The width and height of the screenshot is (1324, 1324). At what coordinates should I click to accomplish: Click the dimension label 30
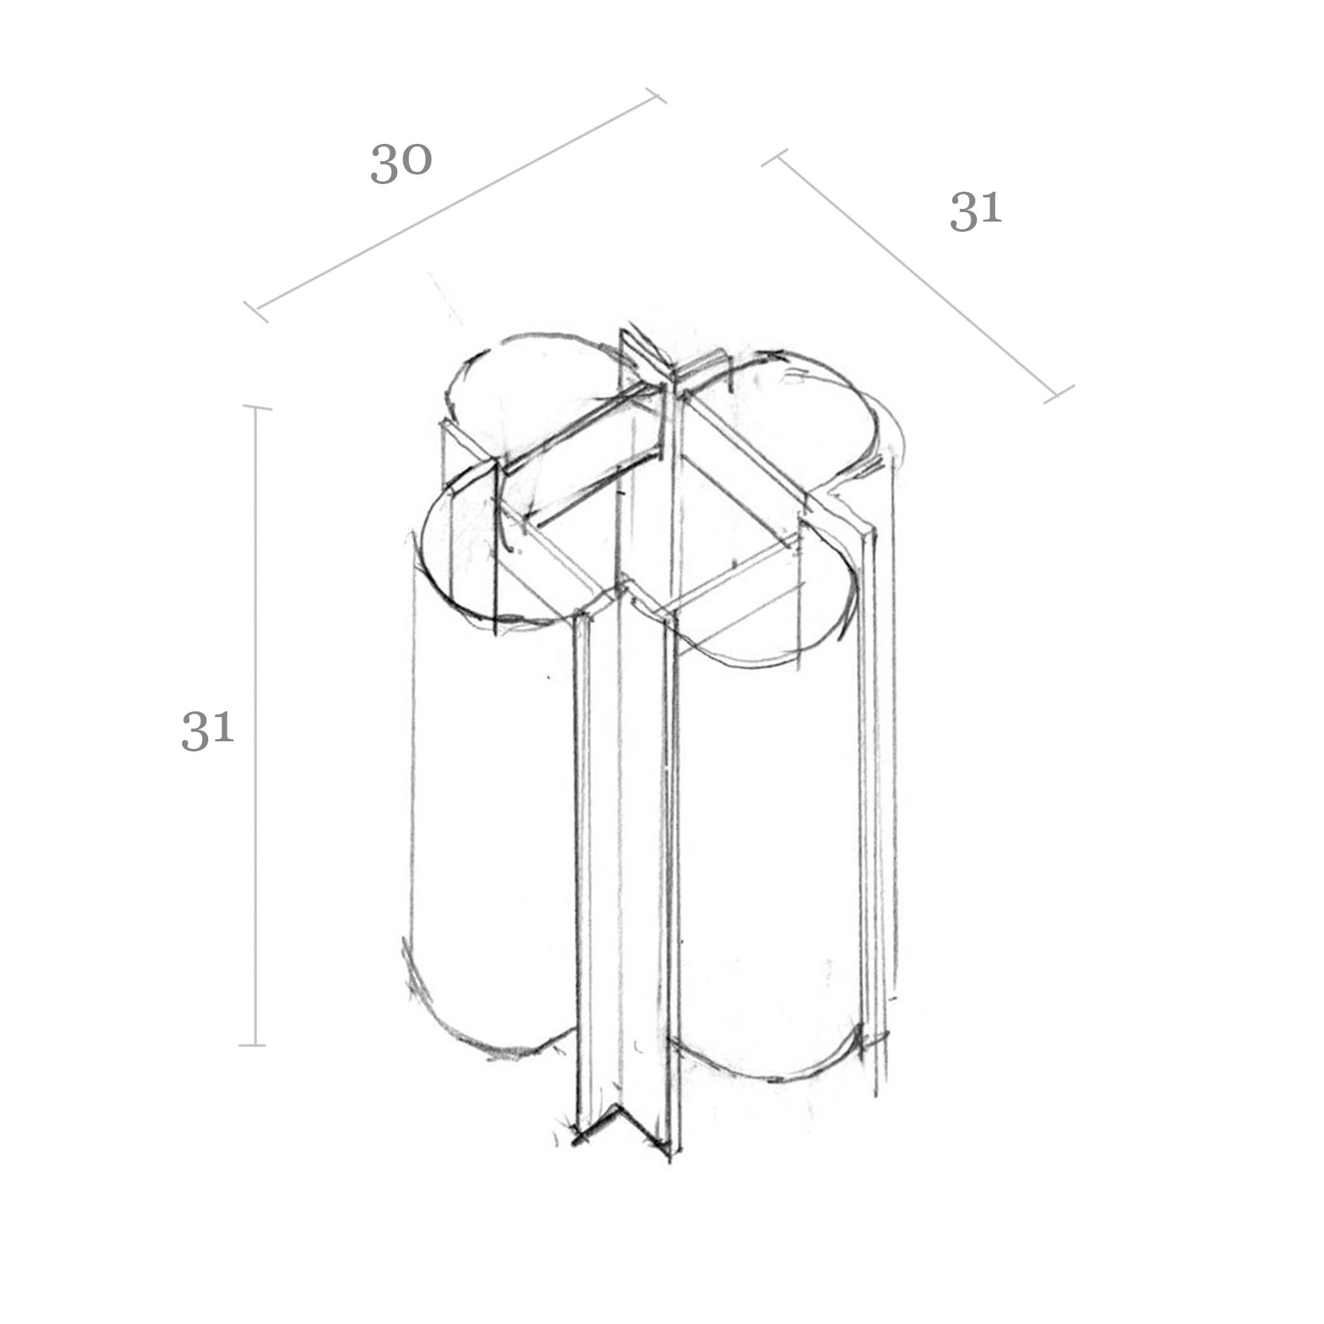pyautogui.click(x=401, y=164)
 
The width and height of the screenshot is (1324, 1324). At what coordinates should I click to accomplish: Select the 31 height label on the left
pyautogui.click(x=208, y=730)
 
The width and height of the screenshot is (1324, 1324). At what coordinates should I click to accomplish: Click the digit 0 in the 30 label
pyautogui.click(x=416, y=160)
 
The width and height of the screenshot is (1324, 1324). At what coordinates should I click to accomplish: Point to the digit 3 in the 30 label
pyautogui.click(x=384, y=164)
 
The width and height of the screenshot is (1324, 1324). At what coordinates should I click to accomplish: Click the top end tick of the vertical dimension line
pyautogui.click(x=257, y=408)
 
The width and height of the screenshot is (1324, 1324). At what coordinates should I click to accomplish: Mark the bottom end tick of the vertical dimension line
pyautogui.click(x=252, y=1046)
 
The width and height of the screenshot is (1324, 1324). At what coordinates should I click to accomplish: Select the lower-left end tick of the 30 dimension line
pyautogui.click(x=255, y=312)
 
